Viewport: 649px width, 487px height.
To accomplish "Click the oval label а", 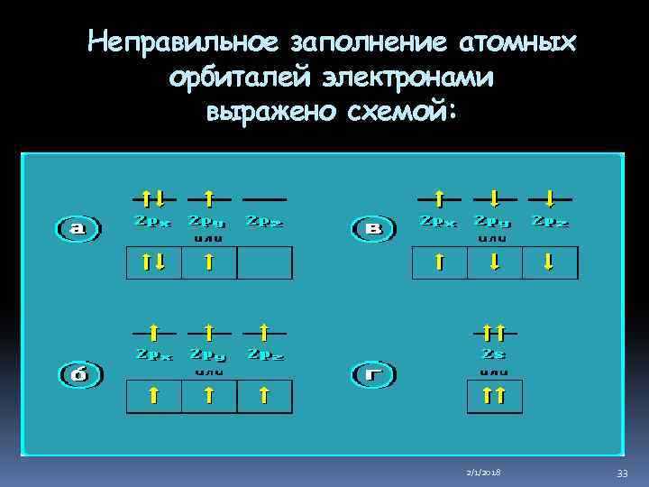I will point(78,229).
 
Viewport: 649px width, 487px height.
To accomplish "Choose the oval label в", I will point(372,229).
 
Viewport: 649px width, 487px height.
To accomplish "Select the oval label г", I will point(372,372).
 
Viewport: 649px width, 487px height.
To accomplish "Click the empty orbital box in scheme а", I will point(265,262).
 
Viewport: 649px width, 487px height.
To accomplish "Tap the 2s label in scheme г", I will point(492,354).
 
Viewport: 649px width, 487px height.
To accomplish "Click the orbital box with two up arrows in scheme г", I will point(493,395).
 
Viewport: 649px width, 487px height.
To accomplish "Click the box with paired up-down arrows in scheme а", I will point(153,262).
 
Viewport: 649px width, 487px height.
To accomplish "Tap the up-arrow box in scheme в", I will point(439,262).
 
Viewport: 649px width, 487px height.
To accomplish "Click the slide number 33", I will point(623,473).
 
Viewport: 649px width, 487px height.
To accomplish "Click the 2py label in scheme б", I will point(208,354).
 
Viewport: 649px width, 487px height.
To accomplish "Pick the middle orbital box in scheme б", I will point(208,395).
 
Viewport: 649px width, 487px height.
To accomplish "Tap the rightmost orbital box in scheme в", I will point(549,262).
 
